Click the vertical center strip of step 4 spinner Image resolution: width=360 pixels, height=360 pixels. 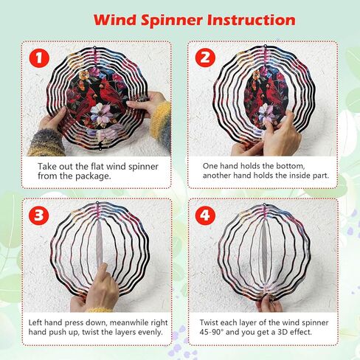point(263,251)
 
